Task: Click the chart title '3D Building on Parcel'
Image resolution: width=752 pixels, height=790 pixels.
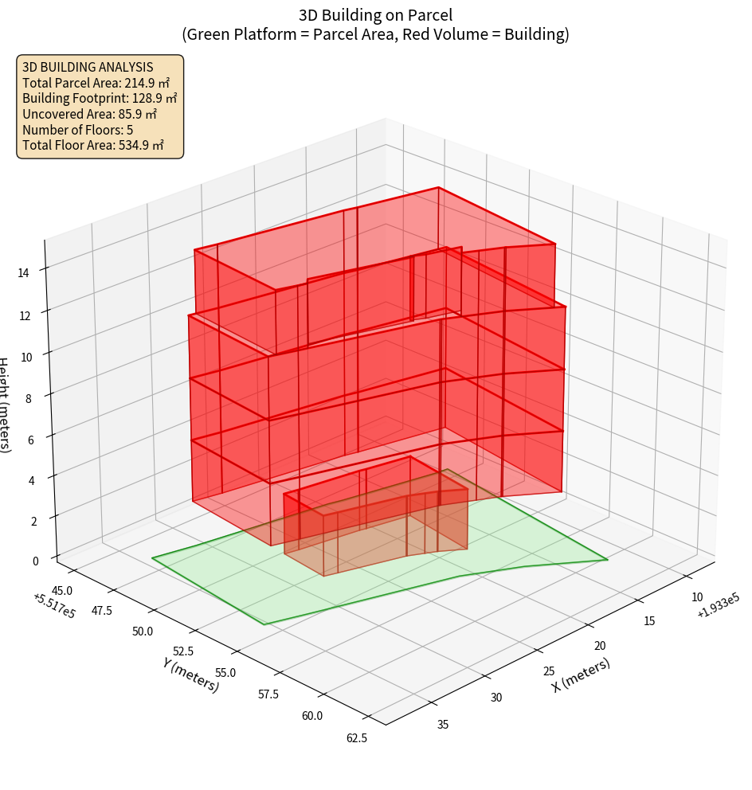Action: point(375,15)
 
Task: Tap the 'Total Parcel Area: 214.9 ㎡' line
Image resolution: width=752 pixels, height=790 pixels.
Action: point(96,83)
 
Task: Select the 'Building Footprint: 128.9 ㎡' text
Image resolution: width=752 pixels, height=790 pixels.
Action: point(100,98)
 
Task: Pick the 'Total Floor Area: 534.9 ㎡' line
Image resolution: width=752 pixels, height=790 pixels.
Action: point(93,145)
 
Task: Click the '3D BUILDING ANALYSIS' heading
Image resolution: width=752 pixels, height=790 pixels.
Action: point(88,67)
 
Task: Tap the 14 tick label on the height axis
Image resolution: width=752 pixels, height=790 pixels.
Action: point(23,273)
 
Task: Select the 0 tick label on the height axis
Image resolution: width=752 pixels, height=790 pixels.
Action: point(34,561)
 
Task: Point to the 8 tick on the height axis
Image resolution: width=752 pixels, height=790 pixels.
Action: point(28,397)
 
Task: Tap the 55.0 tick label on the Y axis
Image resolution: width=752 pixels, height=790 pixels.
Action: point(225,673)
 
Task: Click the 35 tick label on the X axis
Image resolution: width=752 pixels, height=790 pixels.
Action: point(443,724)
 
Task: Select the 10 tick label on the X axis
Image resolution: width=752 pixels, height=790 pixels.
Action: point(696,597)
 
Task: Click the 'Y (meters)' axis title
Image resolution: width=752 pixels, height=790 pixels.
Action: point(191,675)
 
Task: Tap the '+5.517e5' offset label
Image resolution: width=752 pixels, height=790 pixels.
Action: point(55,606)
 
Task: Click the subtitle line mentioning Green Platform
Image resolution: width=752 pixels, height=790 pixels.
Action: point(375,34)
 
